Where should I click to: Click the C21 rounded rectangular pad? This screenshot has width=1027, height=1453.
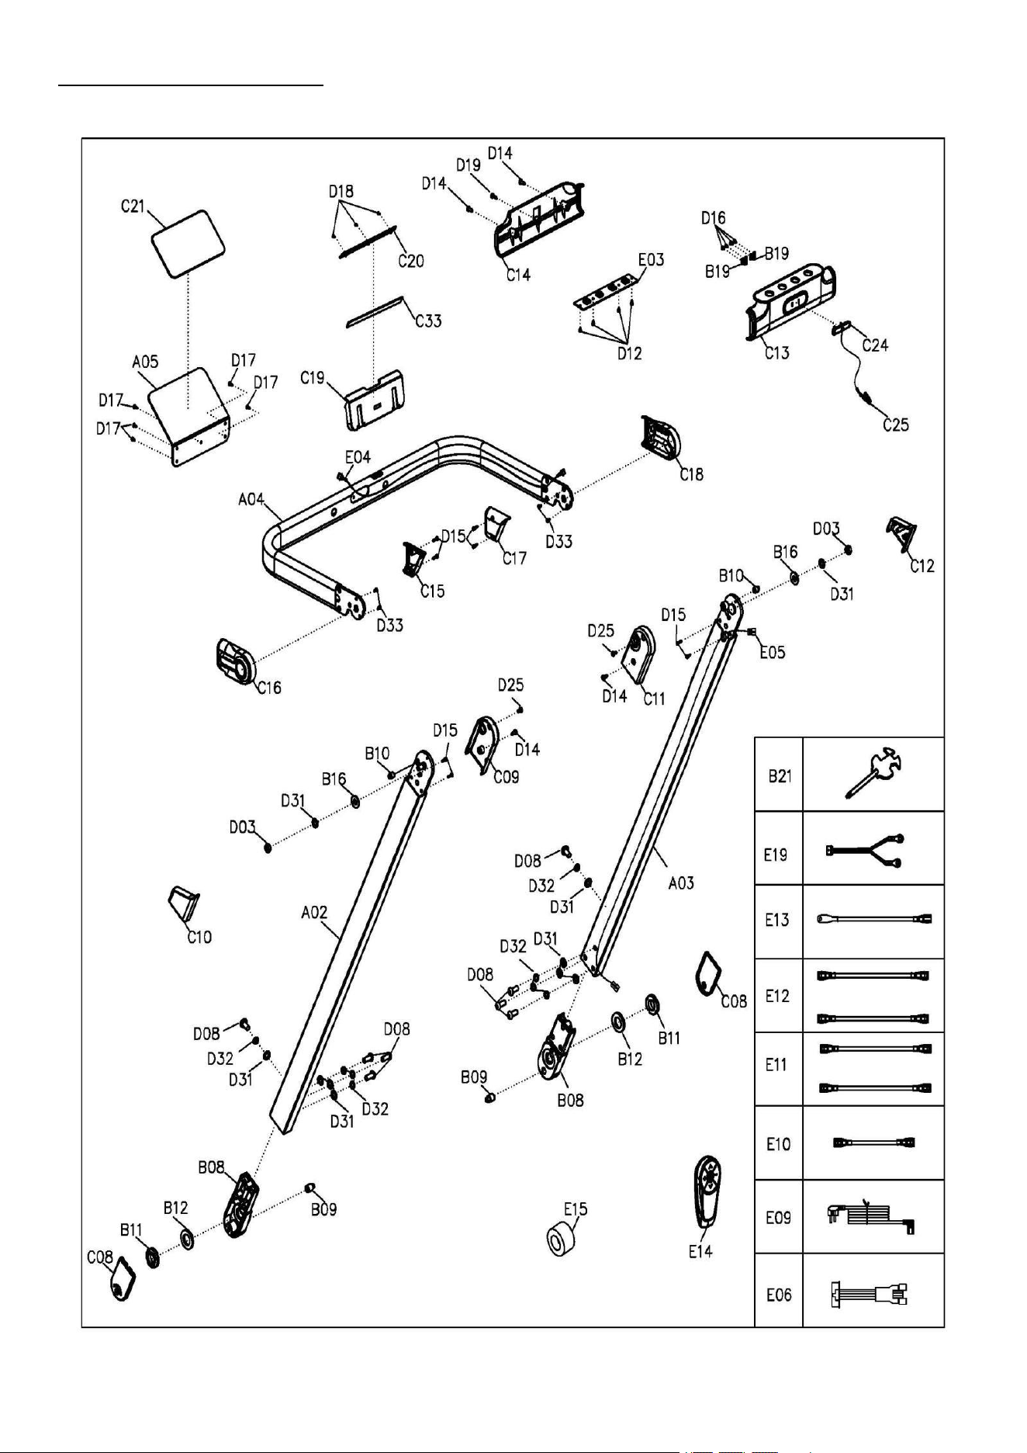(189, 242)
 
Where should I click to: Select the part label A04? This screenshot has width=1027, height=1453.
(251, 499)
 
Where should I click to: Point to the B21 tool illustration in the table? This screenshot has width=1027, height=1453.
(873, 775)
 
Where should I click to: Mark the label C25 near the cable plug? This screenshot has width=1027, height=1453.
(896, 425)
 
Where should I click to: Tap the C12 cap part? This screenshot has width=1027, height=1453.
(902, 536)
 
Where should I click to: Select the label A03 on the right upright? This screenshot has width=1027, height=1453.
(681, 883)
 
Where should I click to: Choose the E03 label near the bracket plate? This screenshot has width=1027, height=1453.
(651, 259)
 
